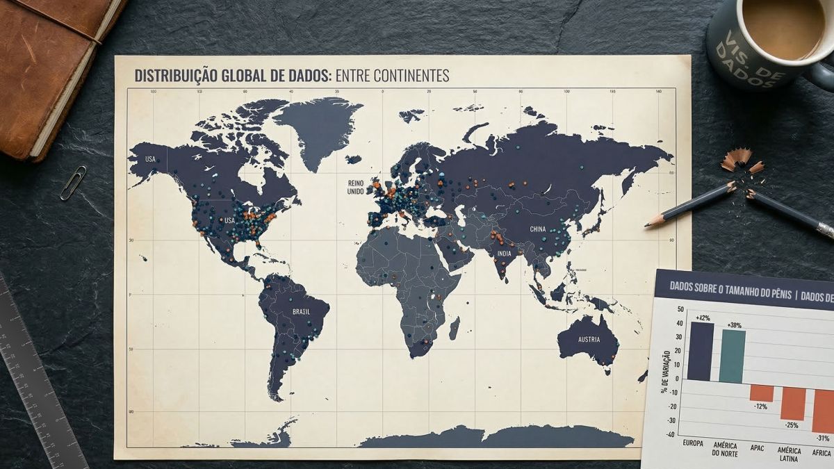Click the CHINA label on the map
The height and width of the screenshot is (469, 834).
click(x=538, y=229)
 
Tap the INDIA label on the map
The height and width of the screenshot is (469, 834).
click(x=505, y=254)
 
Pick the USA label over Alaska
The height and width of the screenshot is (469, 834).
click(x=151, y=159)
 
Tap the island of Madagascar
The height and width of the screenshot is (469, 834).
click(x=454, y=327)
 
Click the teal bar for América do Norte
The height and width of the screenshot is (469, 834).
click(x=733, y=356)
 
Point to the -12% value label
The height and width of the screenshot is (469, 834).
click(x=761, y=406)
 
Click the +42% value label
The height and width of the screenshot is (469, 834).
click(x=703, y=318)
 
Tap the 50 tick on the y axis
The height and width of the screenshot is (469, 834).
click(x=680, y=310)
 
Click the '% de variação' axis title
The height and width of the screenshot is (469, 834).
click(x=665, y=371)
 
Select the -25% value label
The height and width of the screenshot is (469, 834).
click(x=792, y=425)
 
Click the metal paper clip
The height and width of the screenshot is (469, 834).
click(x=73, y=182)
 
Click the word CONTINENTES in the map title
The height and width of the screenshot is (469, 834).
click(x=411, y=76)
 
